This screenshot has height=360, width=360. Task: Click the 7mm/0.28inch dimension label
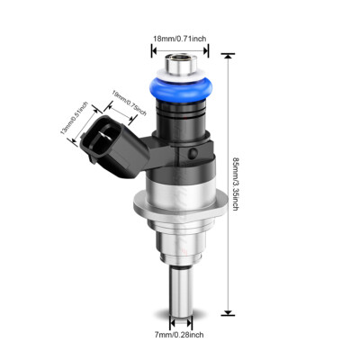(178, 335)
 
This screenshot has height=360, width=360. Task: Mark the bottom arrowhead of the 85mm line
(227, 312)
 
